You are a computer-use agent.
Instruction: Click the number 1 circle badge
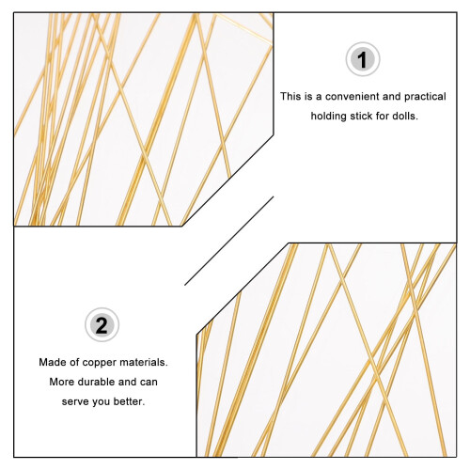pyautogui.click(x=363, y=59)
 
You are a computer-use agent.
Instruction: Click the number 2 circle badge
pyautogui.click(x=102, y=325)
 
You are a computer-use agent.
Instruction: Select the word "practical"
pyautogui.click(x=425, y=97)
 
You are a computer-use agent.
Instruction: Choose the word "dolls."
pyautogui.click(x=405, y=116)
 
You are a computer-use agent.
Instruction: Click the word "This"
pyautogui.click(x=291, y=97)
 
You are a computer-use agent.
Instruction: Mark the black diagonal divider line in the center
pyautogui.click(x=229, y=241)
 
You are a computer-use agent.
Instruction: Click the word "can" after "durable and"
pyautogui.click(x=149, y=383)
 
